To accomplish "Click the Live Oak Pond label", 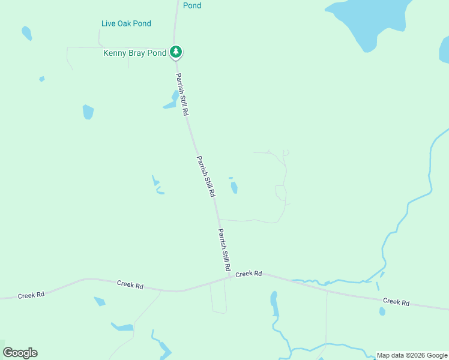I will pyautogui.click(x=126, y=23).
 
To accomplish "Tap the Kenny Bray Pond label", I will pyautogui.click(x=134, y=53).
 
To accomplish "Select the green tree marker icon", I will pyautogui.click(x=175, y=52).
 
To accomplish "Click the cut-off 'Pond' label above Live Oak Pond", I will pyautogui.click(x=192, y=5).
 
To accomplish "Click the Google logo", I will pyautogui.click(x=20, y=353).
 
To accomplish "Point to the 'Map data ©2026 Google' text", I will pyautogui.click(x=411, y=355).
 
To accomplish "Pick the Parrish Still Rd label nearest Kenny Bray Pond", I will pyautogui.click(x=182, y=95).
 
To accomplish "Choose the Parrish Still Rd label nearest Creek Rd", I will pyautogui.click(x=224, y=251).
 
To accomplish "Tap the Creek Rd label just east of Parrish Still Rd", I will pyautogui.click(x=249, y=274).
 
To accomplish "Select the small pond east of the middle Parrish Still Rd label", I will pyautogui.click(x=234, y=188).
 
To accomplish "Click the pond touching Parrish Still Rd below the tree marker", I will pyautogui.click(x=172, y=101).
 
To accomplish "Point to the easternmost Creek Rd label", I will pyautogui.click(x=396, y=301).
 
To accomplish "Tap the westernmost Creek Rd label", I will pyautogui.click(x=31, y=295).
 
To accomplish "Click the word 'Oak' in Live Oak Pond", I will pyautogui.click(x=127, y=23).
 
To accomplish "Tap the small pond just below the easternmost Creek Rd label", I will pyautogui.click(x=382, y=311).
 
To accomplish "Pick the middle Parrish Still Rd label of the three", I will pyautogui.click(x=205, y=177).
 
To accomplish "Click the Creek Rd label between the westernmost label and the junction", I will pyautogui.click(x=130, y=285).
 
